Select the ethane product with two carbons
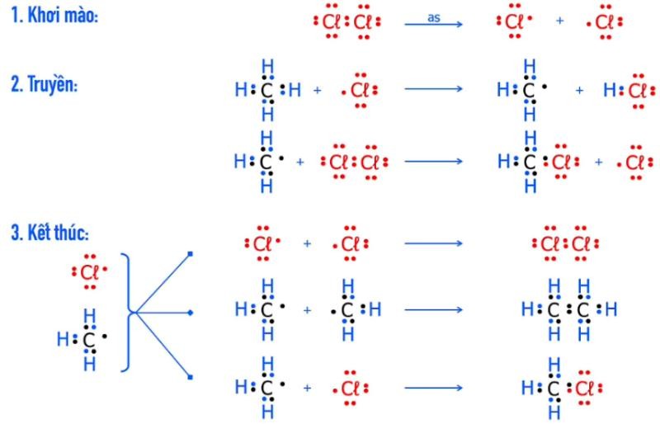tap(569, 310)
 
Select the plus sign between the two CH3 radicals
tap(307, 311)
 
